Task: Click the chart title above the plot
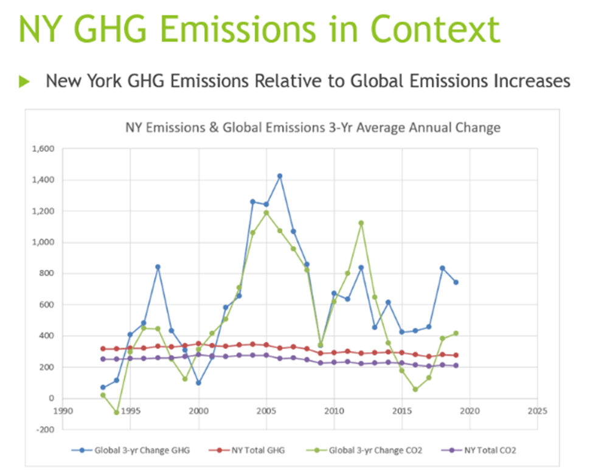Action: pyautogui.click(x=313, y=128)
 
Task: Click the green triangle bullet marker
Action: pyautogui.click(x=24, y=81)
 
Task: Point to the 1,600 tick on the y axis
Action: pyautogui.click(x=43, y=149)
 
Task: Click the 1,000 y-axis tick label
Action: pyautogui.click(x=43, y=243)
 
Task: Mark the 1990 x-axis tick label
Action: pyautogui.click(x=63, y=411)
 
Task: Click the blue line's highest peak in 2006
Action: pyautogui.click(x=280, y=176)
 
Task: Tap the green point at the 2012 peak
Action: pyautogui.click(x=361, y=223)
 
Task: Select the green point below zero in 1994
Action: pyautogui.click(x=117, y=412)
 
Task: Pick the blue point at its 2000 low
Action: pyautogui.click(x=198, y=383)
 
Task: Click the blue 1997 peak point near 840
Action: pyautogui.click(x=158, y=267)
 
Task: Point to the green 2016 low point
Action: pyautogui.click(x=415, y=389)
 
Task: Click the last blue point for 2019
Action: pyautogui.click(x=456, y=282)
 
